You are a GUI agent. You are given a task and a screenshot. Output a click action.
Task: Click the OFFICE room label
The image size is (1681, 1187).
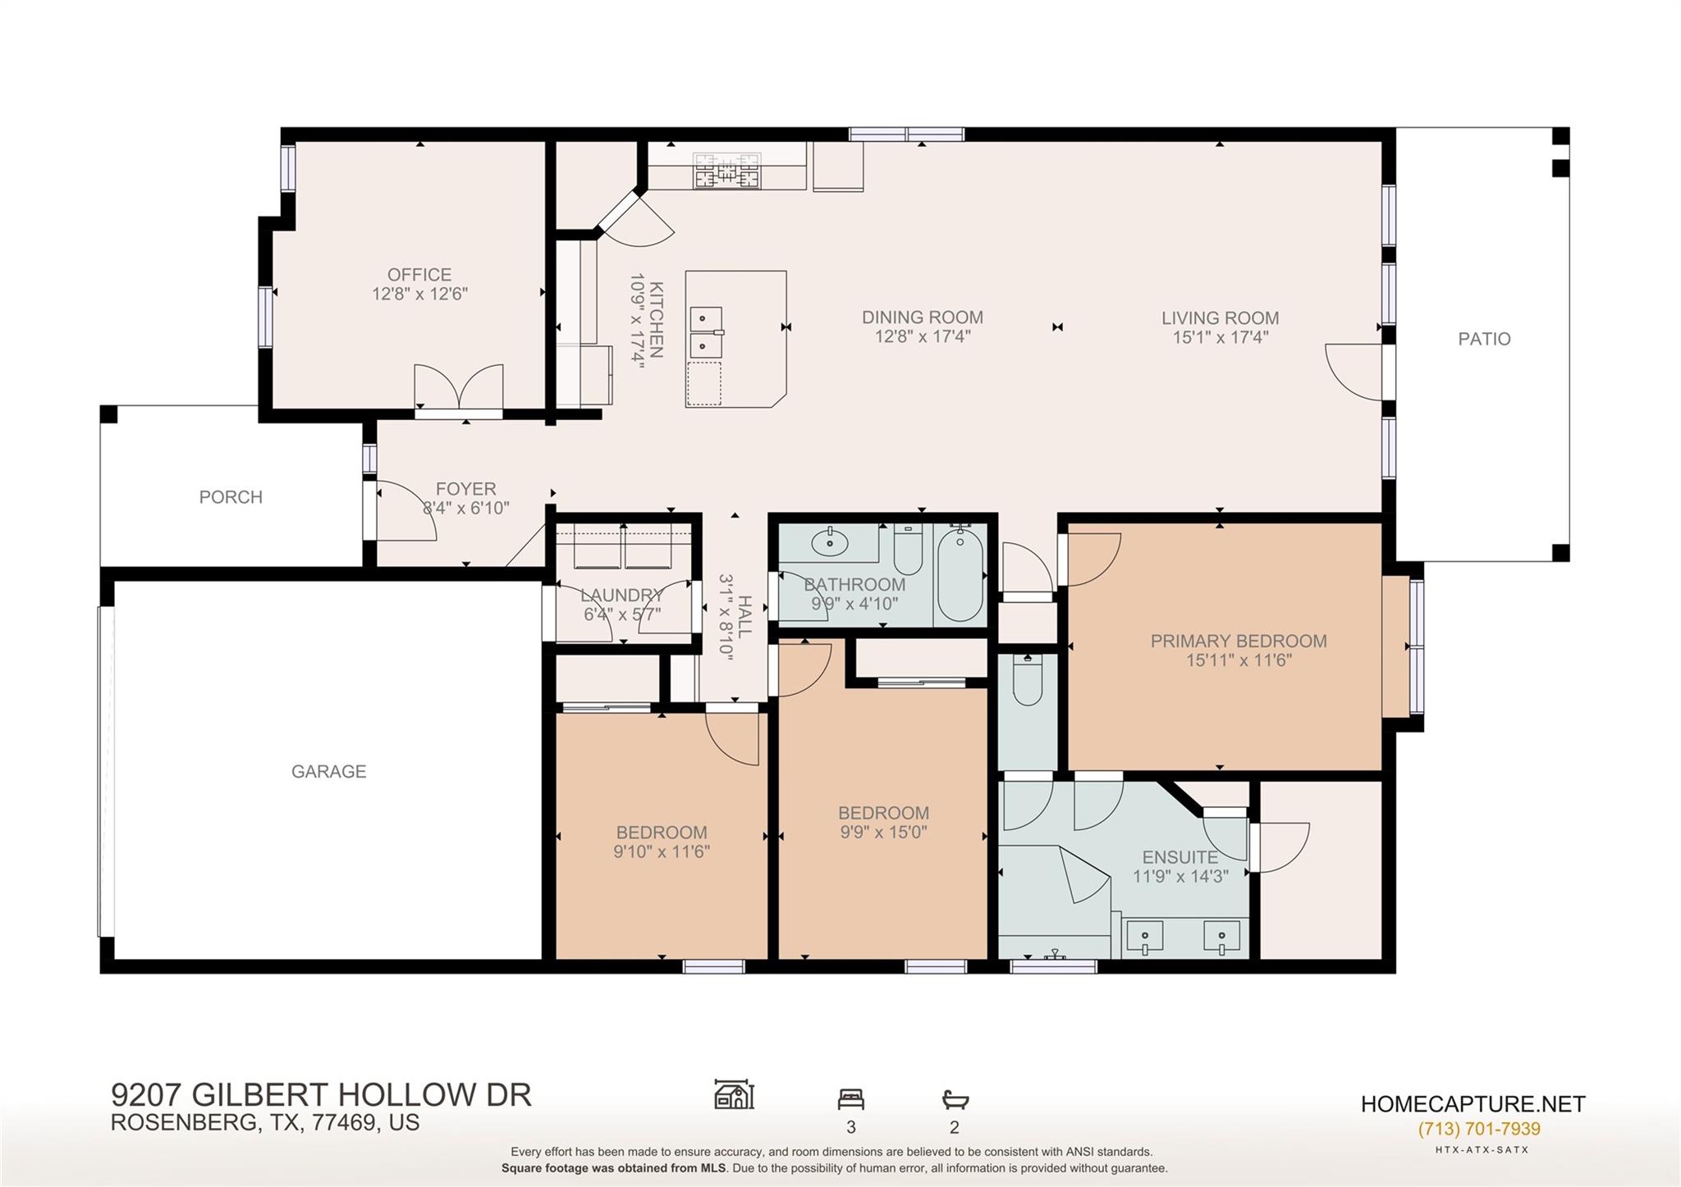pyautogui.click(x=419, y=275)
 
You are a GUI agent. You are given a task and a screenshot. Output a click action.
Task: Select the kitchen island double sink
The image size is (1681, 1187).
pyautogui.click(x=706, y=332)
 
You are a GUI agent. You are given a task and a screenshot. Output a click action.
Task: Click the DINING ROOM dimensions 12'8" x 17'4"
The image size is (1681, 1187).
pyautogui.click(x=923, y=336)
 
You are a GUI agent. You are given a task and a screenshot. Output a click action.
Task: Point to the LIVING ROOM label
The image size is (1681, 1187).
pyautogui.click(x=1220, y=318)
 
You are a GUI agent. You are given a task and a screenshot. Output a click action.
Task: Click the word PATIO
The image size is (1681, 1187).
pyautogui.click(x=1484, y=339)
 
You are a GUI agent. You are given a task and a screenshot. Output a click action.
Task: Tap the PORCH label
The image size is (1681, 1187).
pyautogui.click(x=231, y=497)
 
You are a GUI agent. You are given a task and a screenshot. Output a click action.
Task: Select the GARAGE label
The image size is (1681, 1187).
pyautogui.click(x=328, y=771)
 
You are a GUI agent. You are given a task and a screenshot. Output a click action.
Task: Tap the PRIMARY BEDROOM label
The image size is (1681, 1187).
pyautogui.click(x=1238, y=641)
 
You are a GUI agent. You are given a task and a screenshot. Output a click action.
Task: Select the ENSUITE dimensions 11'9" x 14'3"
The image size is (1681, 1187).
pyautogui.click(x=1179, y=876)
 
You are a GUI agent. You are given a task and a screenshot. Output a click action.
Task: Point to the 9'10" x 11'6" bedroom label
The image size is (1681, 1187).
pyautogui.click(x=662, y=851)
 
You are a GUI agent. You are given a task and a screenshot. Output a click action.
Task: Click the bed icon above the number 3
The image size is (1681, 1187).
pyautogui.click(x=850, y=1098)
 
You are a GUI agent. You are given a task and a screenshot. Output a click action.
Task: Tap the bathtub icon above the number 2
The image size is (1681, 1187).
pyautogui.click(x=955, y=1098)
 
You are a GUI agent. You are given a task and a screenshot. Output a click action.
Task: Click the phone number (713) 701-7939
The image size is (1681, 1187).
pyautogui.click(x=1479, y=1129)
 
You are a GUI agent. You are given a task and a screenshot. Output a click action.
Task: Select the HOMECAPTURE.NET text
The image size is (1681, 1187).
pyautogui.click(x=1473, y=1104)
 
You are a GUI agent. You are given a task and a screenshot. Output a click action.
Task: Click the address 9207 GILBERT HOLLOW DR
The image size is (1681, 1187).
pyautogui.click(x=321, y=1095)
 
